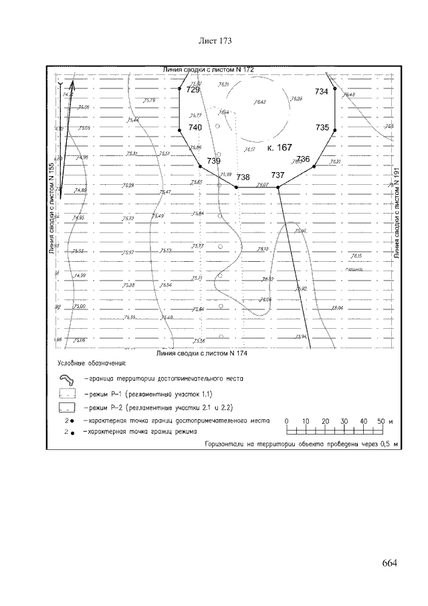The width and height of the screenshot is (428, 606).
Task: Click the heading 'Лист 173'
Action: pos(215,42)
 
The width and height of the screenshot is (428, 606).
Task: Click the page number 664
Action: pos(390,562)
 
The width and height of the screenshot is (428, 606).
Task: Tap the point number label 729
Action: pos(193,90)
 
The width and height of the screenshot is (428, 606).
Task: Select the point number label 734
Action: pos(322,91)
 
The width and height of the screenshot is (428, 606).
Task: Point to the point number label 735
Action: pos(322,127)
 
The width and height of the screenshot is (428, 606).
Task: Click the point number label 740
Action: pos(195,127)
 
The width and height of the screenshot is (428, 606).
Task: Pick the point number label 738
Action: pos(243,177)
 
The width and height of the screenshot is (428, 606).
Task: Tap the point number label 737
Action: pos(278,175)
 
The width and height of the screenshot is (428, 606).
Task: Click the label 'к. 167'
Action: pos(279,147)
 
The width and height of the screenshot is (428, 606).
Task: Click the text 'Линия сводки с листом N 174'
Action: pos(201,352)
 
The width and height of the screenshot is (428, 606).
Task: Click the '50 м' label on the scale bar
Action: pos(382,421)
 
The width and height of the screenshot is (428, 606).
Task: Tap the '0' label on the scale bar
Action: pos(286,421)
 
